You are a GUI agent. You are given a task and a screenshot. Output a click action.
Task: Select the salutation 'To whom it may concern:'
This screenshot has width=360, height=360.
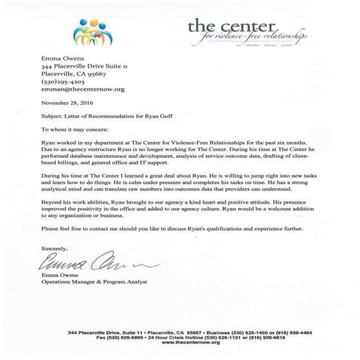point(73,129)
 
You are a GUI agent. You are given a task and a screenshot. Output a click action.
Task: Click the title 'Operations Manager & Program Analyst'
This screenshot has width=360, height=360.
point(100,280)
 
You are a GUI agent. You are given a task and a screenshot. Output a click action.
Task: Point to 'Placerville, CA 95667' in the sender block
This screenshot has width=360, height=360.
point(73,73)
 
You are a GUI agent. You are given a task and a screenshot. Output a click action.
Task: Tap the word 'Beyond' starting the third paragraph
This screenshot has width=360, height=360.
point(51,199)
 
